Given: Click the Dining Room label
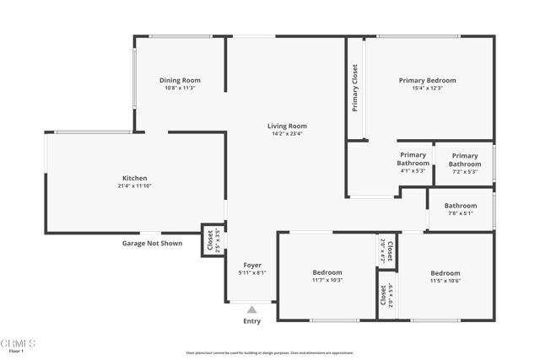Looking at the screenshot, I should (180, 80).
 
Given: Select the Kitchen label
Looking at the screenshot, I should (135, 178).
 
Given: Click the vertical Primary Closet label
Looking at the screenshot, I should (355, 89).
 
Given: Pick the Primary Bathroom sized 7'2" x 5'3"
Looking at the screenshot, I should (464, 159).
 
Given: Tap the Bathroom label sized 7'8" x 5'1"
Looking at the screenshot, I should (461, 205).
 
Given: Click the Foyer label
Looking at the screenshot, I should (253, 265).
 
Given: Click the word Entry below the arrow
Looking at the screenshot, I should (251, 321).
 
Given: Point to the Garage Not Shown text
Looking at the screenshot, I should (152, 243).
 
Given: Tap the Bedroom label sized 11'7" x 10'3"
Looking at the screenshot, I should (327, 272).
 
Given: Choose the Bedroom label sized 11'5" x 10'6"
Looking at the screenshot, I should (445, 273).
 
